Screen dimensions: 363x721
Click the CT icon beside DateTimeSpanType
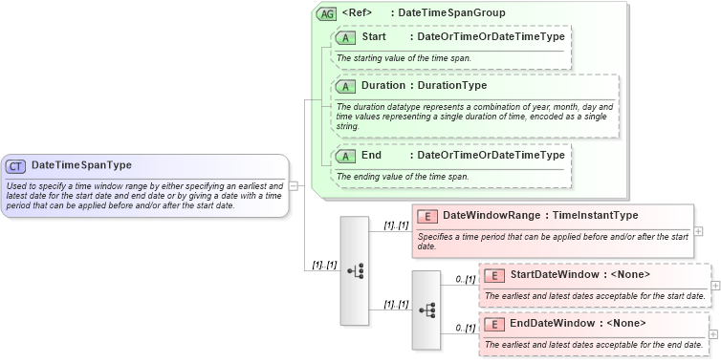[15, 165]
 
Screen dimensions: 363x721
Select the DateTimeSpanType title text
[81, 165]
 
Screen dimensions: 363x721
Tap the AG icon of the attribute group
[326, 13]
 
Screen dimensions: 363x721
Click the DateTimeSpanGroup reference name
[451, 13]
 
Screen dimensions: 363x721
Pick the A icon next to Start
[345, 37]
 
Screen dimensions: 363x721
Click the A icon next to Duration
[345, 85]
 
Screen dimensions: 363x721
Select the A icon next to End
[345, 156]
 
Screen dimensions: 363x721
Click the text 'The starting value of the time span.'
[404, 58]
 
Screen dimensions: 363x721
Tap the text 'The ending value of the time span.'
[402, 177]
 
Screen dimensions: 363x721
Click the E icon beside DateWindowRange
[426, 216]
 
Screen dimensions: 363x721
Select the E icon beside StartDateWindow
[493, 275]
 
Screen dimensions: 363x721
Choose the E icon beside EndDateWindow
[493, 323]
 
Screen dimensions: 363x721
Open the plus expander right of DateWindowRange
[699, 231]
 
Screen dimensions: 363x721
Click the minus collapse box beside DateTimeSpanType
[294, 185]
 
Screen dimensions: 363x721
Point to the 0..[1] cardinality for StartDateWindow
[465, 279]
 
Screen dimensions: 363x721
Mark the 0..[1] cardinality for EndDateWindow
[465, 328]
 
